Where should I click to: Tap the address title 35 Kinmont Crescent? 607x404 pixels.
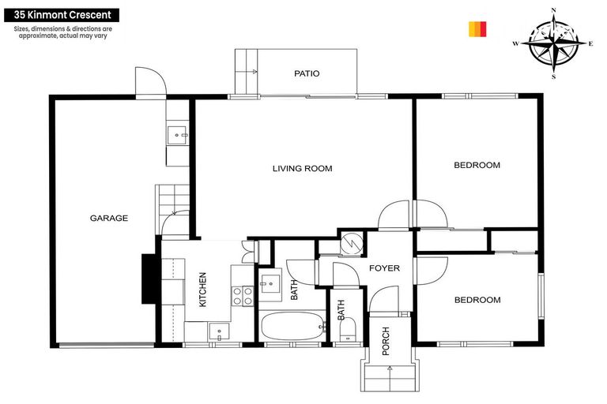pos(61,14)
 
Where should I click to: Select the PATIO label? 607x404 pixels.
pos(307,73)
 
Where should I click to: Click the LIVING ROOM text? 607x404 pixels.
pos(302,168)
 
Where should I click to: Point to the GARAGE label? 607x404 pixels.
pos(108,219)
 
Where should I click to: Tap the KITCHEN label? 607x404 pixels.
pos(202,290)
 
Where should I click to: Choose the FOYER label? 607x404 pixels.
pos(385,268)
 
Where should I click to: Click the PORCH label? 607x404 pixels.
pos(386,341)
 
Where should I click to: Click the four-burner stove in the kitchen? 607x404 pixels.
pos(241,296)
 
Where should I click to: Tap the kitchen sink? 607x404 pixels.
pos(219,332)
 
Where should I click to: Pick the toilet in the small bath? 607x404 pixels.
pos(345,336)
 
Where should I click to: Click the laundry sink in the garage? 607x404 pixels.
pos(178,136)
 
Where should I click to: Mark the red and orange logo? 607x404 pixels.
pos(477,29)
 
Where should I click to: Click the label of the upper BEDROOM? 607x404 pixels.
pos(477,165)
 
